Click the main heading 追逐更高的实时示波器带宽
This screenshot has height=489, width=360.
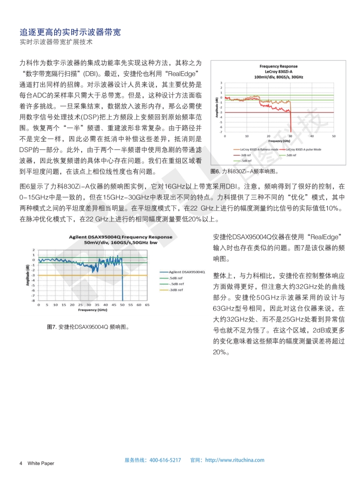point(70,32)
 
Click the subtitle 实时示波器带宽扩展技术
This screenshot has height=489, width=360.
point(56,42)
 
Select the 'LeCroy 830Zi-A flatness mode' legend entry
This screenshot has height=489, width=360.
point(255,149)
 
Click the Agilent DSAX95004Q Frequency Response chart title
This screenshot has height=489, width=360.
point(120,237)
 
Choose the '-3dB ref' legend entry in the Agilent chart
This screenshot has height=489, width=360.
point(176,289)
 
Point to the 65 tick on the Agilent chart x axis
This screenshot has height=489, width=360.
point(147,305)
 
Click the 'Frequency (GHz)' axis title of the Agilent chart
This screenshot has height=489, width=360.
point(92,310)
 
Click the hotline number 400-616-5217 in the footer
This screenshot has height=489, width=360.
point(165,460)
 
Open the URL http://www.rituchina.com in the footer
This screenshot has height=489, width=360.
point(235,460)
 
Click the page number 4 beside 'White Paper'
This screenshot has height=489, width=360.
point(21,463)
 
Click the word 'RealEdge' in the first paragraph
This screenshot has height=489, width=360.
point(182,74)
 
